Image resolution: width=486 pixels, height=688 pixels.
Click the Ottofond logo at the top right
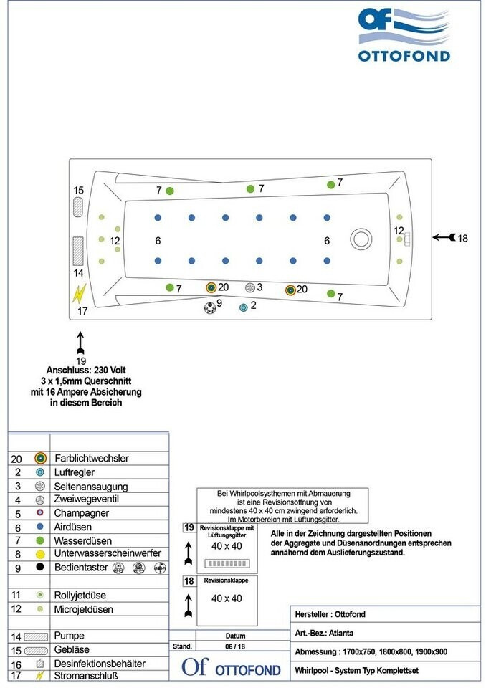[404, 35]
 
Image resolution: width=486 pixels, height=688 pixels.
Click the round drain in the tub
[359, 239]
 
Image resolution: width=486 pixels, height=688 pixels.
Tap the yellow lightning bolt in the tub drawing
[80, 293]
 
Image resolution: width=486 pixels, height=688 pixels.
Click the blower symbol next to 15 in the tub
[77, 206]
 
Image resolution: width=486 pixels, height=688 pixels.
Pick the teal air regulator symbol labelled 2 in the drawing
[244, 307]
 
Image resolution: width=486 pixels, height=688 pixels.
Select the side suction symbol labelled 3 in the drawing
[249, 287]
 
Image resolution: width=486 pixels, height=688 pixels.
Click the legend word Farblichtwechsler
[92, 458]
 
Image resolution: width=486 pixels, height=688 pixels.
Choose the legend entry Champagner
[82, 513]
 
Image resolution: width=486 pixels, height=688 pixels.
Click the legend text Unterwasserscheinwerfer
[108, 553]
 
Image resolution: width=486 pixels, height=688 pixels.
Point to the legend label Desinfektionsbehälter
[100, 664]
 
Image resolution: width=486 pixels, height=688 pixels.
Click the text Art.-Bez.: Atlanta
[324, 633]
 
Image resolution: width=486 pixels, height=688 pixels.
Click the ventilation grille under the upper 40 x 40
[226, 564]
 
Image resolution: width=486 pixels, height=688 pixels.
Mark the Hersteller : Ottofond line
[330, 614]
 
